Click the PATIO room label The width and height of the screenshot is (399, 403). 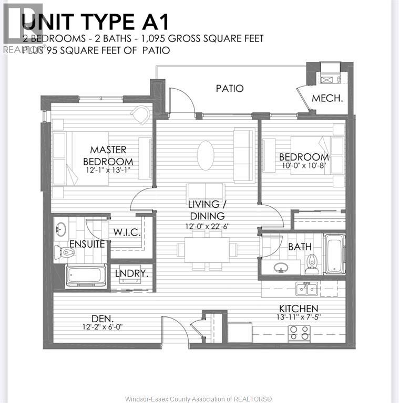pyautogui.click(x=230, y=89)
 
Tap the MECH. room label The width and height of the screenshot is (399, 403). pyautogui.click(x=327, y=98)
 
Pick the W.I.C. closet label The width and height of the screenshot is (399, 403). pyautogui.click(x=127, y=232)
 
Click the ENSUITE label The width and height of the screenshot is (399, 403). pyautogui.click(x=87, y=244)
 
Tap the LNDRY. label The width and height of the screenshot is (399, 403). pyautogui.click(x=131, y=273)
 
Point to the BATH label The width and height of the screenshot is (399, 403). pyautogui.click(x=299, y=246)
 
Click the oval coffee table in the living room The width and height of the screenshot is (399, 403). pyautogui.click(x=206, y=155)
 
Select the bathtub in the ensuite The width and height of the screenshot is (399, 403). pyautogui.click(x=86, y=275)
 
